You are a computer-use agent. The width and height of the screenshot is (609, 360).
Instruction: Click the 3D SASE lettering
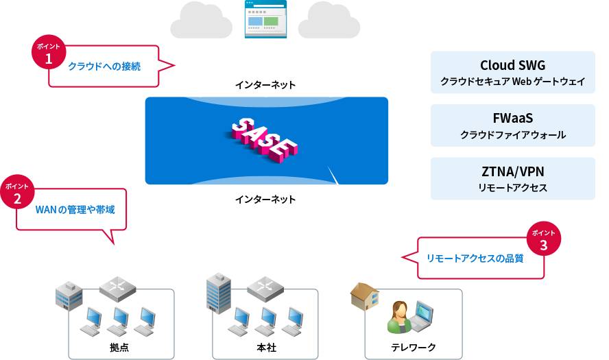(x=265, y=141)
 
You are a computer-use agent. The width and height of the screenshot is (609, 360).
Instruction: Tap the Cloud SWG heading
(x=512, y=65)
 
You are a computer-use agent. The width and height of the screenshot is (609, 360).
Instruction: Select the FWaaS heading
(x=512, y=118)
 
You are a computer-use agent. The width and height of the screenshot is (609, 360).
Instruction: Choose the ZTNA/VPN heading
(x=512, y=171)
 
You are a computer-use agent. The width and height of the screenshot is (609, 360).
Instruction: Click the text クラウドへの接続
(x=104, y=67)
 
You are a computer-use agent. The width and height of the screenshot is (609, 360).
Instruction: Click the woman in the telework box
(x=398, y=317)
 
